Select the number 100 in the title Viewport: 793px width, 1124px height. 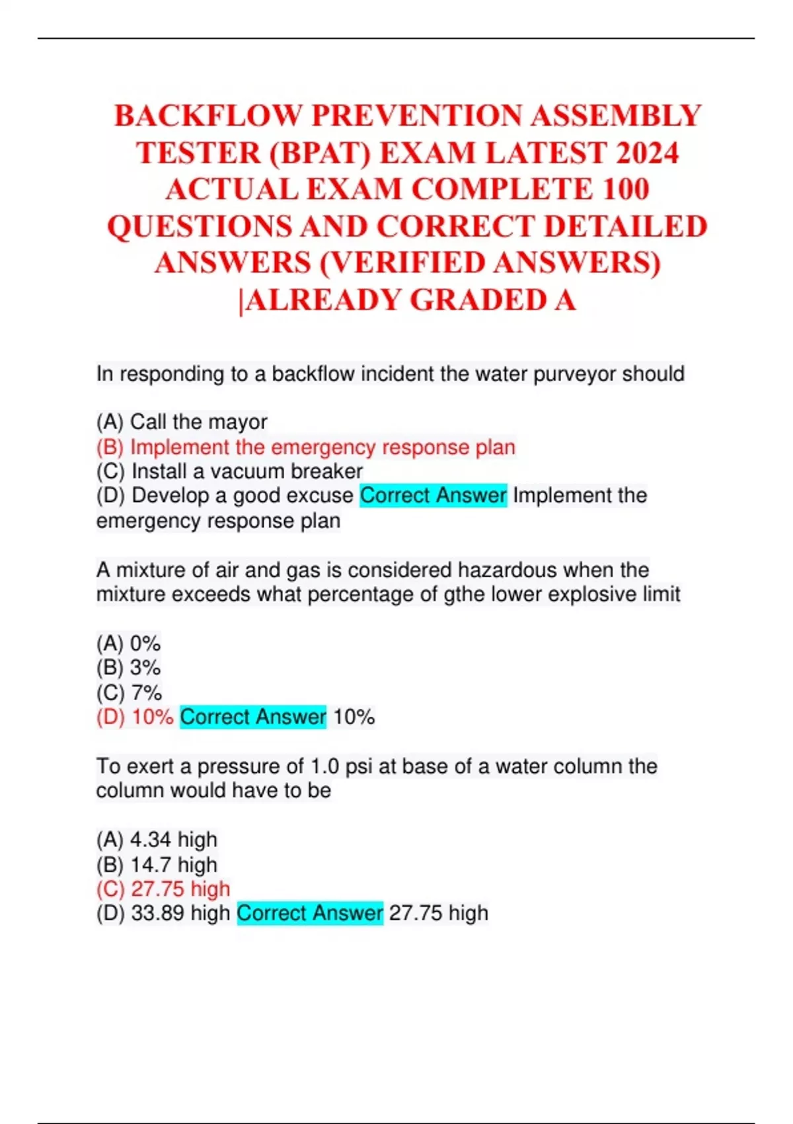[625, 190]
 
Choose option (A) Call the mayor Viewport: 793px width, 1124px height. [182, 422]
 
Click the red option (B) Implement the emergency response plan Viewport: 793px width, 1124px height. [305, 448]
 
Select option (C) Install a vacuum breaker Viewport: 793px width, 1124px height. [229, 471]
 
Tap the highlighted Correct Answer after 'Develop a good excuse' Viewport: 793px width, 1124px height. [433, 496]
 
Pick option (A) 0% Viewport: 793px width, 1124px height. [128, 643]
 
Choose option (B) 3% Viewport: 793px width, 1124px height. [128, 668]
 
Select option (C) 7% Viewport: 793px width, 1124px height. [128, 693]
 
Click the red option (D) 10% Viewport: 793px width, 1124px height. [135, 717]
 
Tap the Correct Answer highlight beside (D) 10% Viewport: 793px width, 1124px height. [252, 717]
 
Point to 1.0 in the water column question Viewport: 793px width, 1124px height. [324, 767]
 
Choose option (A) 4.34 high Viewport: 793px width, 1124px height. [157, 840]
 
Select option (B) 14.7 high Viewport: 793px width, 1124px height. [157, 865]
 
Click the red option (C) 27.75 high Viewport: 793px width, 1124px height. [163, 889]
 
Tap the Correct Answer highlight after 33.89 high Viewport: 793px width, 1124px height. [309, 914]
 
